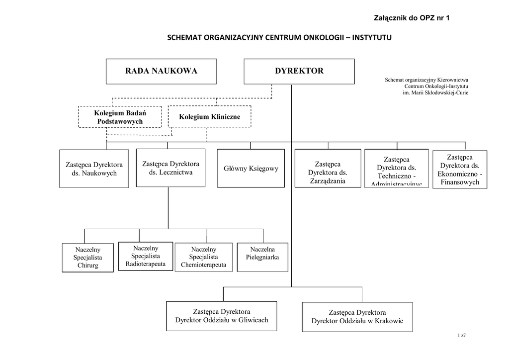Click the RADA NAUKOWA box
(x=161, y=71)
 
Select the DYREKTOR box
(x=299, y=71)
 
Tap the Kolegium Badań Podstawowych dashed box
(x=119, y=117)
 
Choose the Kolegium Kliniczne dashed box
(x=209, y=117)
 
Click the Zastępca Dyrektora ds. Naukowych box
(x=94, y=169)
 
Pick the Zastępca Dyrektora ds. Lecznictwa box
(x=170, y=168)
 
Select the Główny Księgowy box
(x=251, y=168)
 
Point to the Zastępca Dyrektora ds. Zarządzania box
(x=327, y=169)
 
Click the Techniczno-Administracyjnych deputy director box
(x=396, y=169)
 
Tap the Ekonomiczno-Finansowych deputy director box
(x=459, y=169)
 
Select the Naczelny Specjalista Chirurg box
(x=87, y=258)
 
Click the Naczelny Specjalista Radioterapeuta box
(x=146, y=256)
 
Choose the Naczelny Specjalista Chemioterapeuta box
(x=203, y=257)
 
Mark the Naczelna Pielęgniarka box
(x=262, y=257)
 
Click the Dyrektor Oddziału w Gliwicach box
(x=221, y=316)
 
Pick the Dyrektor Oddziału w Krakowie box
(x=357, y=317)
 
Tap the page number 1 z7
(x=461, y=335)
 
